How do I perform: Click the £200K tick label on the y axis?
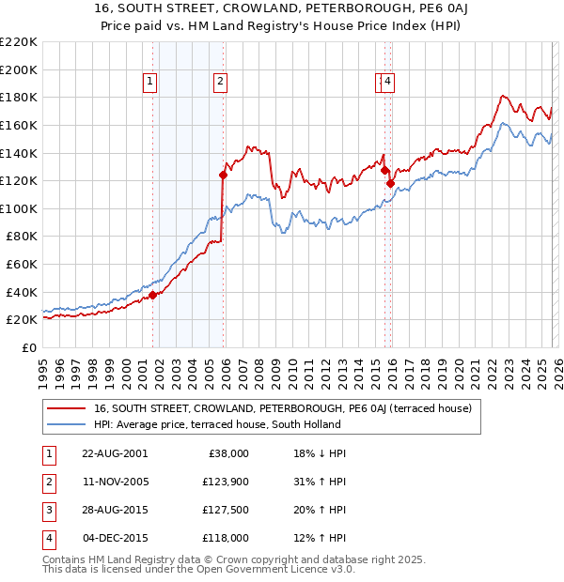(19, 69)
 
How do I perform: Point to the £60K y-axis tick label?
(22, 264)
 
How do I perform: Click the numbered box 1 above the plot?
(150, 83)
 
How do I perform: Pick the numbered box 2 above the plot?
(220, 83)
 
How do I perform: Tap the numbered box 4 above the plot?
(387, 83)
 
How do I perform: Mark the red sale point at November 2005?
(223, 175)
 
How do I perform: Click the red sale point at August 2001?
(153, 295)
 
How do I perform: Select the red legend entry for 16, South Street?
(288, 408)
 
